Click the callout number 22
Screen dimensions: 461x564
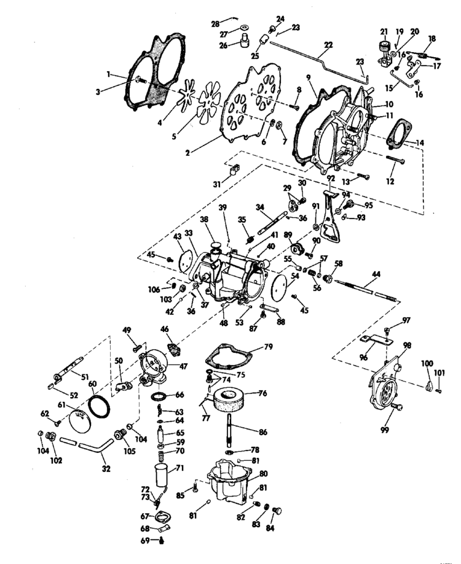328,45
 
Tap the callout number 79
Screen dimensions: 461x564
269,347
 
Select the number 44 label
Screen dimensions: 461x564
376,274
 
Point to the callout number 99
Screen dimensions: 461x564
385,430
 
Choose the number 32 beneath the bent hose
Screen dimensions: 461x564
106,469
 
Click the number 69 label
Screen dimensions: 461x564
145,541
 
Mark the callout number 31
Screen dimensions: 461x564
217,184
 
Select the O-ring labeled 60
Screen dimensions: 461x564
99,406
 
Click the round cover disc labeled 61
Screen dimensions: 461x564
79,420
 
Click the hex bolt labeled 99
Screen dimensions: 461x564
397,407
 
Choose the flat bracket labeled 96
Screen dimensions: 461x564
376,339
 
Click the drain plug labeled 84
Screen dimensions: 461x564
277,511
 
